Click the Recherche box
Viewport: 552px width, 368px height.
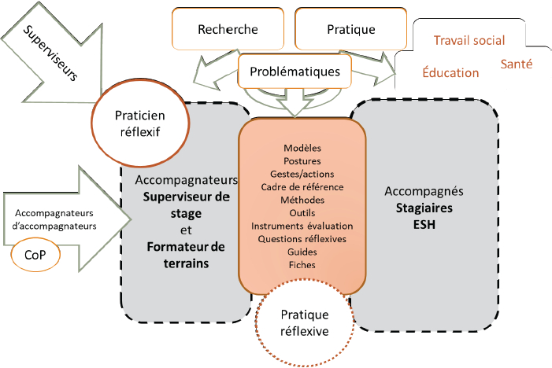[x=228, y=29]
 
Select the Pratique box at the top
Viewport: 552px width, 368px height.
[x=351, y=29]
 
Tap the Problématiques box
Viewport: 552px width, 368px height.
[x=295, y=71]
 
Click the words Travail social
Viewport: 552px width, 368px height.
[x=469, y=40]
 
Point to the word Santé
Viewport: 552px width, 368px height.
[x=517, y=64]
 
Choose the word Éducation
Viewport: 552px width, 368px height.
[x=450, y=72]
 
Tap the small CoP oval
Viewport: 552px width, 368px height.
[x=35, y=255]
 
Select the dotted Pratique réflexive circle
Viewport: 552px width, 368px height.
[x=305, y=322]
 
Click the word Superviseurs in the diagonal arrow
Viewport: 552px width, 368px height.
[x=50, y=53]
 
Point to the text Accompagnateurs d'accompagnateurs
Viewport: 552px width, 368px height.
[x=54, y=219]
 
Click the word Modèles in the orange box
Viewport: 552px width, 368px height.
[x=302, y=148]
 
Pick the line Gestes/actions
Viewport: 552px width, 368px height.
[x=302, y=174]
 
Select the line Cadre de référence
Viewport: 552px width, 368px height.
[x=302, y=187]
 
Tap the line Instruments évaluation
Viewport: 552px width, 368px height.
[x=302, y=226]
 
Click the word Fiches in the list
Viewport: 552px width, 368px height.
[x=302, y=265]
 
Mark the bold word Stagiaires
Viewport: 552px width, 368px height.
[x=424, y=208]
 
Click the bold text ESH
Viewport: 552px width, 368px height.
[x=424, y=224]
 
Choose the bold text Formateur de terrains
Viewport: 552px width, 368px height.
[x=186, y=255]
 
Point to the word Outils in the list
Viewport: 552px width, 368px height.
[x=302, y=213]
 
